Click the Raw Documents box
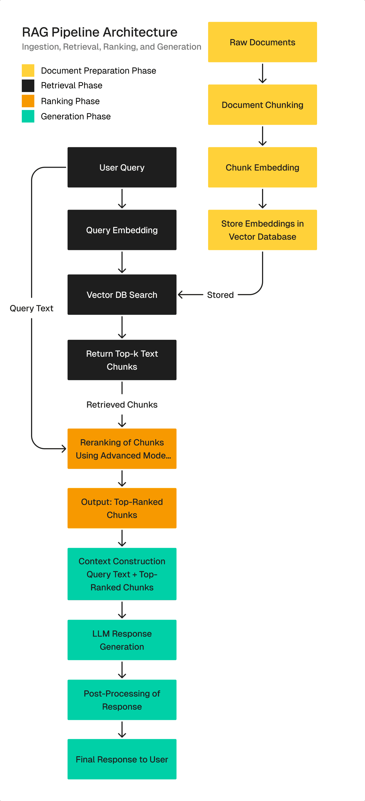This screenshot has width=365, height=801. click(x=262, y=42)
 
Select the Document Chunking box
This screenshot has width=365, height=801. click(x=262, y=105)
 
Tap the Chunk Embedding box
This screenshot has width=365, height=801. click(x=262, y=167)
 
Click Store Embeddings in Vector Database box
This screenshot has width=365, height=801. click(x=262, y=230)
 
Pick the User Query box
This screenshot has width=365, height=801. click(x=122, y=167)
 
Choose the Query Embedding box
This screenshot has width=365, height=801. click(x=122, y=230)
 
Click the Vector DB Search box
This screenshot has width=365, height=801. click(x=122, y=295)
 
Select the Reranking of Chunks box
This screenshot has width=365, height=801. click(x=122, y=448)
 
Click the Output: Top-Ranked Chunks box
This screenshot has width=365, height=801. click(x=122, y=508)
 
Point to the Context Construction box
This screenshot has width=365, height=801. click(x=122, y=574)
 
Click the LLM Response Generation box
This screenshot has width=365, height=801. click(x=122, y=640)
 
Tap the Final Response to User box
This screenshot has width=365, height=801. click(x=122, y=759)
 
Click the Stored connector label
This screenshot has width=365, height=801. click(x=220, y=295)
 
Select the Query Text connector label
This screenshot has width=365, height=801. click(x=31, y=308)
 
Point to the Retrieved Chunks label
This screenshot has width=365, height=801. click(x=122, y=405)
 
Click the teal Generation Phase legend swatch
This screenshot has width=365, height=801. click(x=28, y=116)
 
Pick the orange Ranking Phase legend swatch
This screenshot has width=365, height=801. click(x=28, y=101)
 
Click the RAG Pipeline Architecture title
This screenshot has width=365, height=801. click(x=100, y=32)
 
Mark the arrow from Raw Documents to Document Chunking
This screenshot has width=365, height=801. click(x=263, y=74)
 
